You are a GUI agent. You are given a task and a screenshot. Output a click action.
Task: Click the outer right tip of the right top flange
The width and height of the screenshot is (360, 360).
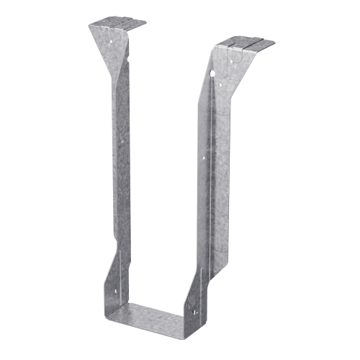pyautogui.click(x=274, y=43)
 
